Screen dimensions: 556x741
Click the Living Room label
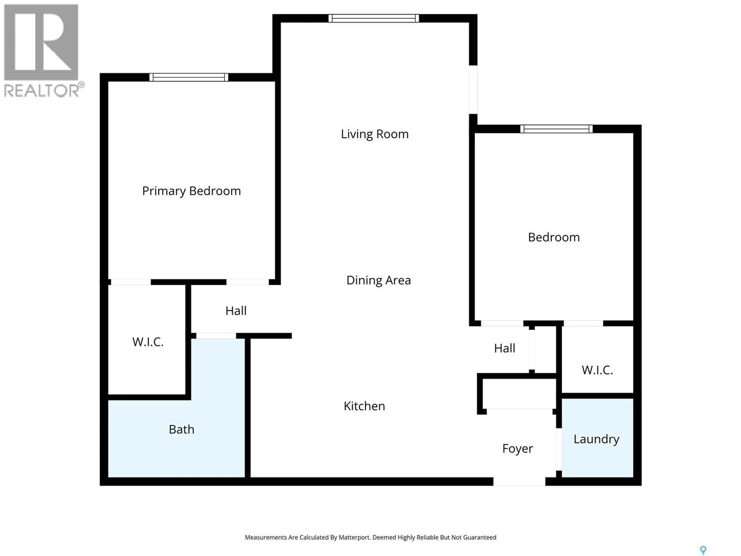tap(375, 134)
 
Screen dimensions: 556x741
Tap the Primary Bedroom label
tap(191, 191)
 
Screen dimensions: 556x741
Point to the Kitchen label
tap(364, 406)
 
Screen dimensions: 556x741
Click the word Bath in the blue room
tap(181, 429)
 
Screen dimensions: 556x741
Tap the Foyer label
tap(517, 448)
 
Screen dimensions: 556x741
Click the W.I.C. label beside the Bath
tap(148, 342)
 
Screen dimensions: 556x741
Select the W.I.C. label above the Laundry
tap(597, 370)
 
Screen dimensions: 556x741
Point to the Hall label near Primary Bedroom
tap(236, 311)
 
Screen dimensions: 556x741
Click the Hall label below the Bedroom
tap(504, 348)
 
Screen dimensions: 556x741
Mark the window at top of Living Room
tap(374, 18)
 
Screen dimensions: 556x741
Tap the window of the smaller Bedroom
tap(556, 129)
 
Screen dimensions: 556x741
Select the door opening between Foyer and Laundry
tap(559, 449)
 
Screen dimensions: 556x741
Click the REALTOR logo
tap(42, 50)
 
